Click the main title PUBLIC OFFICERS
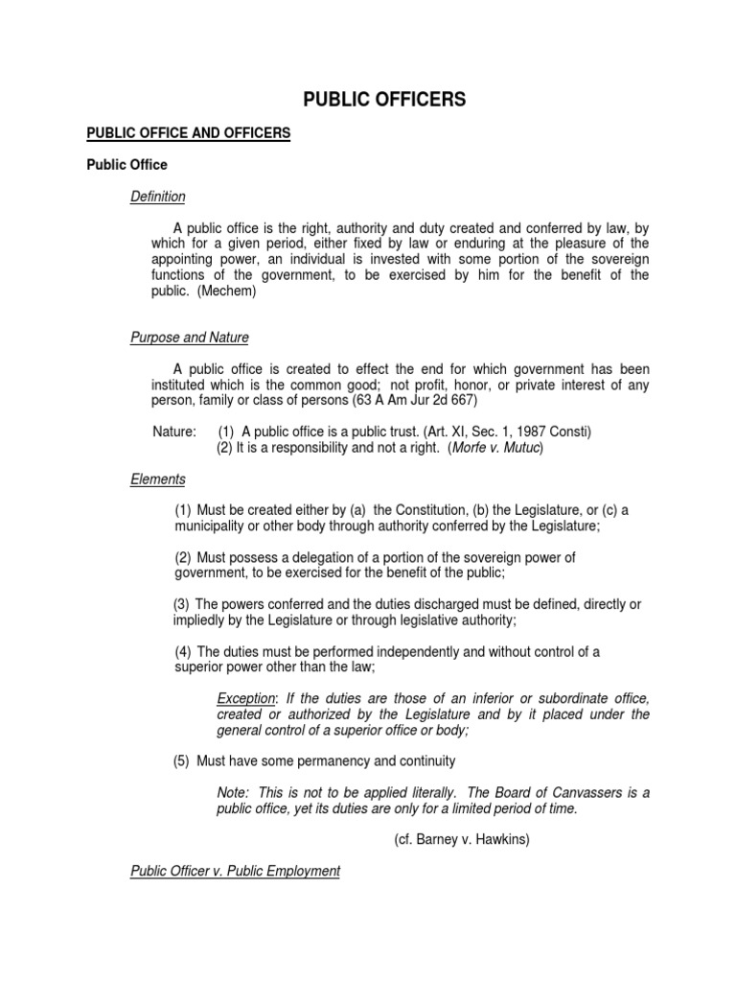384,100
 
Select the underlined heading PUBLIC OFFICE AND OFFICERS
188,132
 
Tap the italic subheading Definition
158,197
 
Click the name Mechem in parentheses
228,292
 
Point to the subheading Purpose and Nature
190,338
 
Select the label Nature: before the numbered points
174,432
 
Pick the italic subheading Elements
158,479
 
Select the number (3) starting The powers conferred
182,604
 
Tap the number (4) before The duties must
184,651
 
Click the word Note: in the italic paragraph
233,792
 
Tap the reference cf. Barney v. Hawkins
462,839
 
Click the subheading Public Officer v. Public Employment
235,871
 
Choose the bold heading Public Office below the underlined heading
126,164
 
